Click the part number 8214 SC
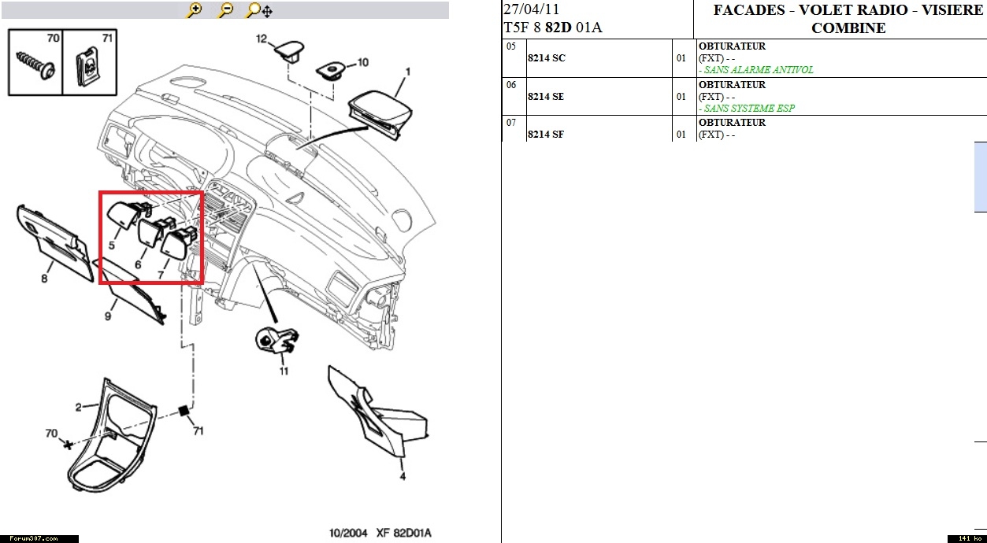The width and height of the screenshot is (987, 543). coord(546,58)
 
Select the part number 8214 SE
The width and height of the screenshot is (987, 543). coord(546,97)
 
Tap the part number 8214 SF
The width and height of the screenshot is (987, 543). coord(546,135)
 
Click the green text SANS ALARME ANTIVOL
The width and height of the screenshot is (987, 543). coord(758,70)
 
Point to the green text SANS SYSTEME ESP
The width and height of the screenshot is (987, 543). coord(749,109)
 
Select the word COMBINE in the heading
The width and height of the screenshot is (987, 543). coord(848,28)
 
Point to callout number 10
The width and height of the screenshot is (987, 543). coord(362,61)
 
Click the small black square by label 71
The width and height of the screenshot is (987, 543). coord(184,411)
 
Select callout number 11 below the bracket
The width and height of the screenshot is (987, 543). coord(284,370)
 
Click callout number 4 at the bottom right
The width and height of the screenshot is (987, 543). coord(402,477)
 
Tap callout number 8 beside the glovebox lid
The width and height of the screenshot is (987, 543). coord(45,278)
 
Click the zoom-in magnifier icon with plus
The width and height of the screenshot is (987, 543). coord(195,10)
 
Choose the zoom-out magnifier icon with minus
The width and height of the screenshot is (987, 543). coord(226,10)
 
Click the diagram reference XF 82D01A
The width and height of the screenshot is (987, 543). coord(404,534)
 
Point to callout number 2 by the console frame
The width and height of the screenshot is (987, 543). coord(79,408)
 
